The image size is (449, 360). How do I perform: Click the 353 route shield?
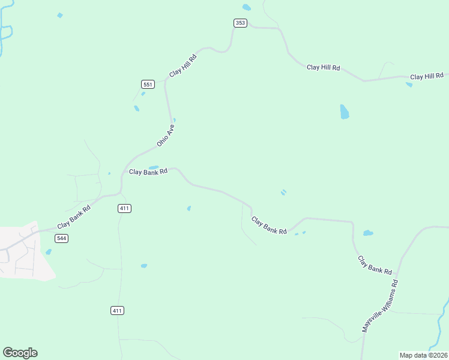click(x=240, y=23)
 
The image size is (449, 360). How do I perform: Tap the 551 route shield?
click(x=148, y=84)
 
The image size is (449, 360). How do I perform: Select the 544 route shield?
click(x=61, y=238)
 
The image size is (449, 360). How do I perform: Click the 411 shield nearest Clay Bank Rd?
click(x=124, y=208)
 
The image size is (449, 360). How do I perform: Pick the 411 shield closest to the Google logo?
click(x=118, y=310)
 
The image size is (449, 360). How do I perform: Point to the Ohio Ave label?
click(x=165, y=136)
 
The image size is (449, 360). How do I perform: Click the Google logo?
click(x=20, y=353)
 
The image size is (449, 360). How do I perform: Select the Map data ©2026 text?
click(x=423, y=355)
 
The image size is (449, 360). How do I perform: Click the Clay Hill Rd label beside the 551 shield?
click(x=183, y=64)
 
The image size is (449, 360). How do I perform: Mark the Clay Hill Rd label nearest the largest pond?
click(x=324, y=67)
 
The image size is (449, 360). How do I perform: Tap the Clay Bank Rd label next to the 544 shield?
click(x=74, y=217)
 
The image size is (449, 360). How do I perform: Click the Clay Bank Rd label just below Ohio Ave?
click(x=148, y=172)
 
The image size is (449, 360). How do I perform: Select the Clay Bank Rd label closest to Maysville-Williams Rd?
click(x=375, y=265)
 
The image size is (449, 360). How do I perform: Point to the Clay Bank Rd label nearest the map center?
click(x=268, y=226)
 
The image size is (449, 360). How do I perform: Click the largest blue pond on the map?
click(x=345, y=112)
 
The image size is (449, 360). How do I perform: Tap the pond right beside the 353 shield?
click(x=247, y=7)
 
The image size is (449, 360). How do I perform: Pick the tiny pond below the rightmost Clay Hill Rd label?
click(x=409, y=85)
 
